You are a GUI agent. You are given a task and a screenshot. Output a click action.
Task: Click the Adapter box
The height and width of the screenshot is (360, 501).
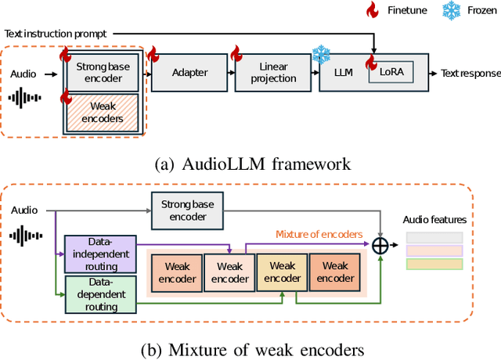tap(189, 72)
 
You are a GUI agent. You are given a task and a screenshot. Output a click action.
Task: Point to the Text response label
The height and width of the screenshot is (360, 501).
tap(470, 72)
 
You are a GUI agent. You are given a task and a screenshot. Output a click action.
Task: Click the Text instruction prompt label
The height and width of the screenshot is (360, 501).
tap(56, 34)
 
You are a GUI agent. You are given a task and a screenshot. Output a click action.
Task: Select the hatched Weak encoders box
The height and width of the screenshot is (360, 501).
tap(103, 113)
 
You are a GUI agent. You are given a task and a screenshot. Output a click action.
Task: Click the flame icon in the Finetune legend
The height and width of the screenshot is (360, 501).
tap(373, 10)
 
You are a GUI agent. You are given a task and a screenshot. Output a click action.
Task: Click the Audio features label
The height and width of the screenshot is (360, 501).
tap(434, 220)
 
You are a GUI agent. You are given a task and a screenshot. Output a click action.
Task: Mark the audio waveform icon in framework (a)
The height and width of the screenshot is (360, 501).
tap(27, 99)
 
